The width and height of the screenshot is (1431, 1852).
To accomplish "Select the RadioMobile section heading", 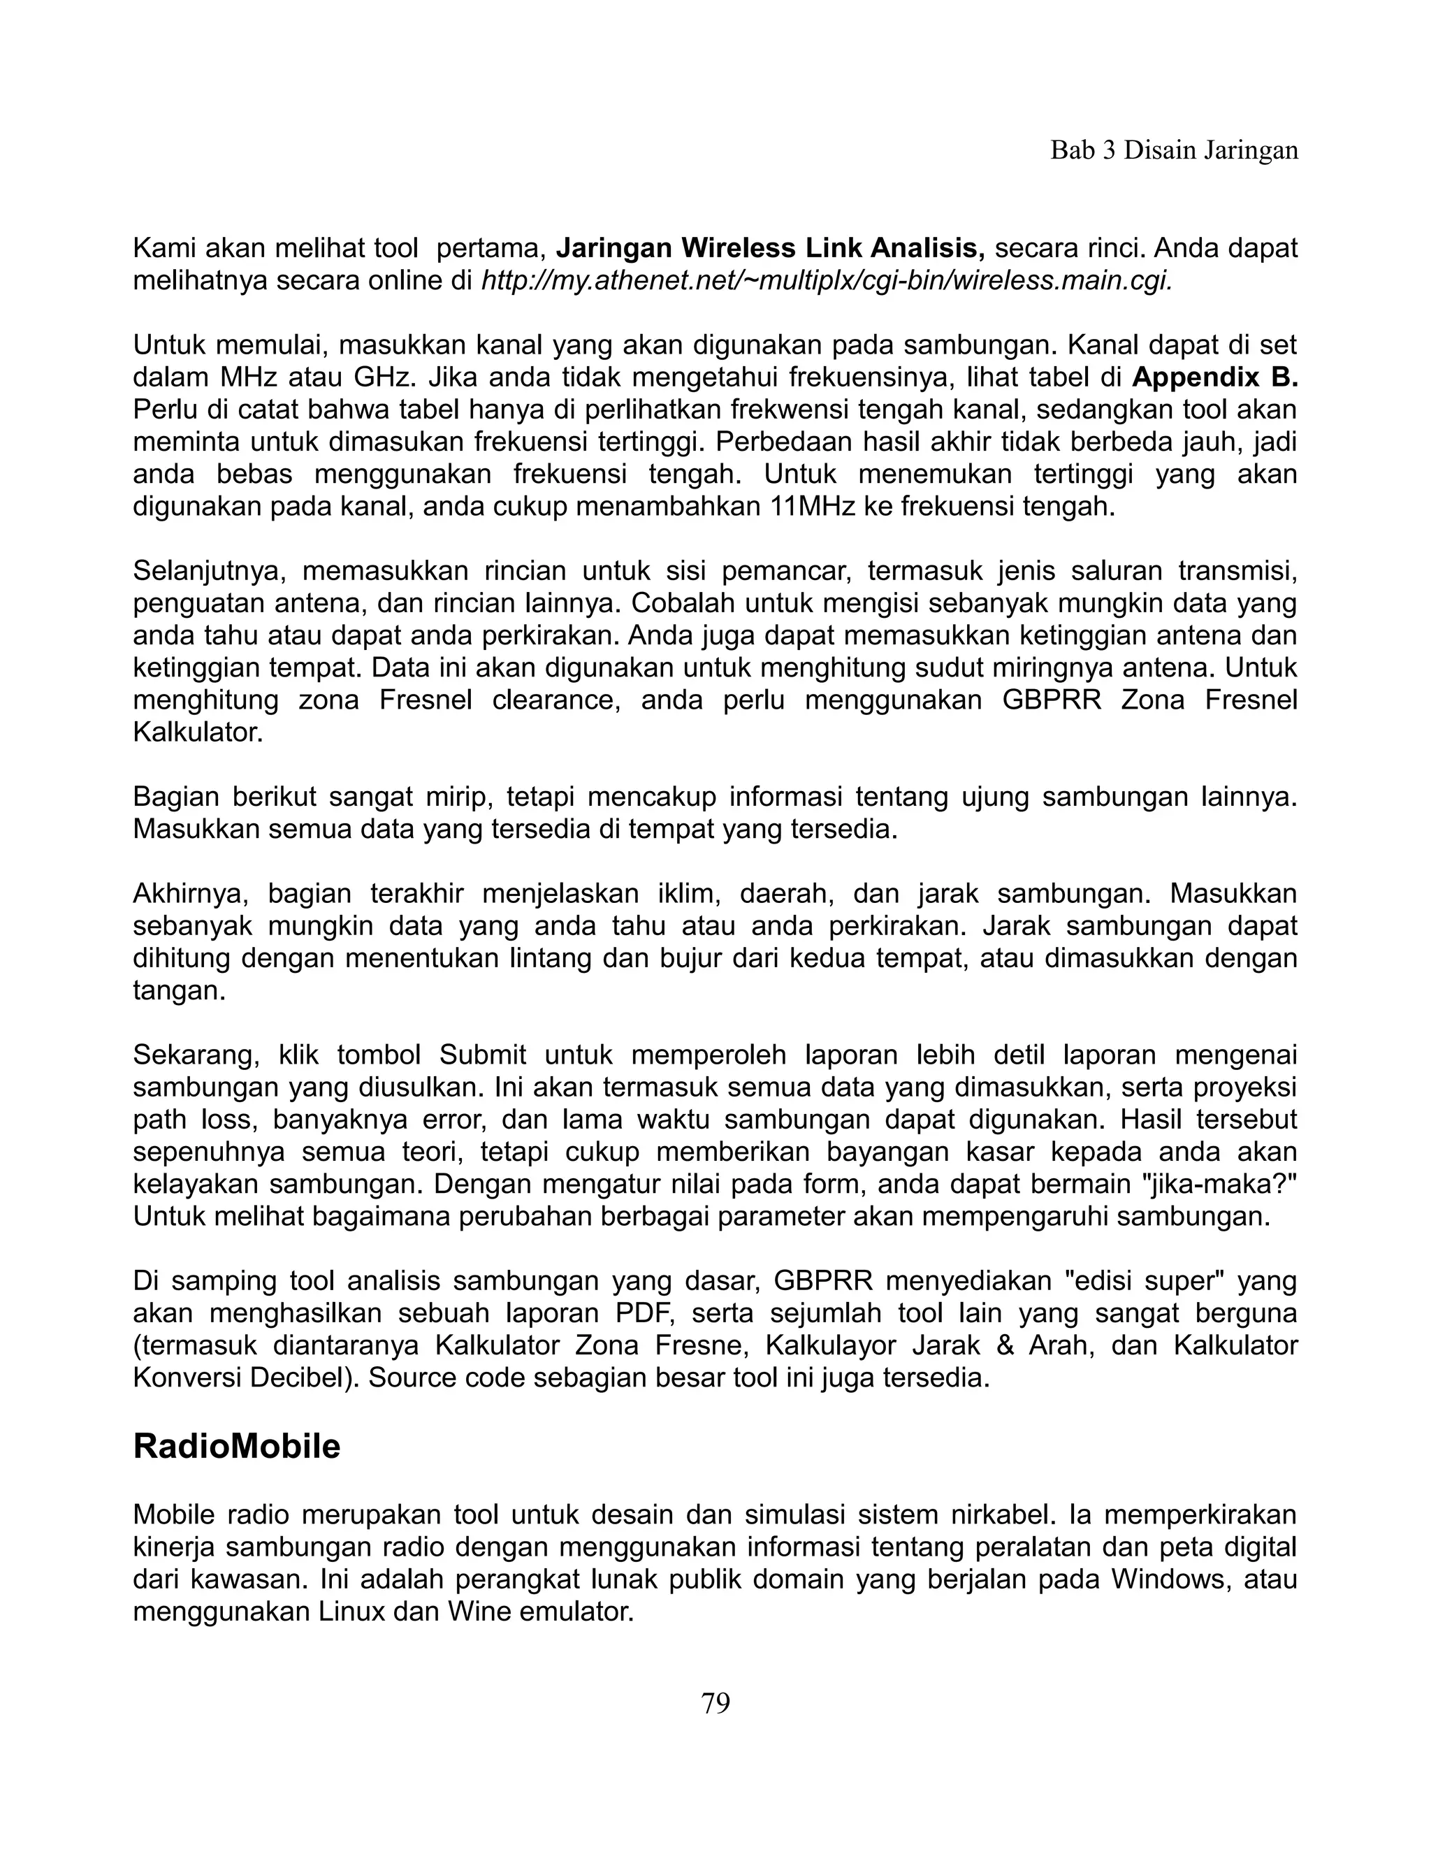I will [x=237, y=1446].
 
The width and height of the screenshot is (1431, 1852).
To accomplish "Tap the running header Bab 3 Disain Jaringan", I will [x=1174, y=150].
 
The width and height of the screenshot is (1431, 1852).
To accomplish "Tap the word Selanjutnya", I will [x=205, y=572].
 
